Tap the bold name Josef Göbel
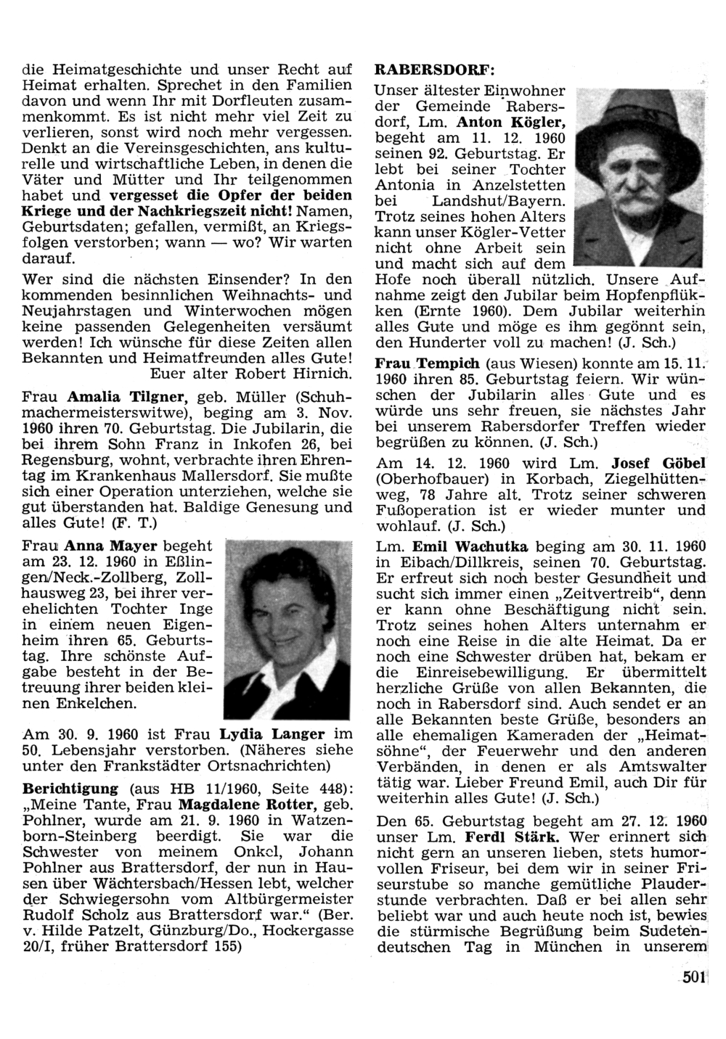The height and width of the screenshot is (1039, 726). tap(658, 463)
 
